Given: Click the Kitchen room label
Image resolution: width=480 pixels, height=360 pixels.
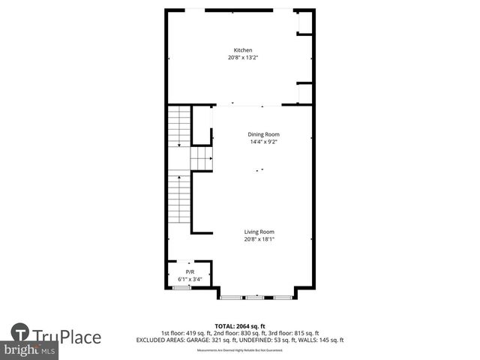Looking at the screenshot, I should [237, 50].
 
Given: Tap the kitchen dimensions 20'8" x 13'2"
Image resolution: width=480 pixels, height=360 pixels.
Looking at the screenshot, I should [237, 58].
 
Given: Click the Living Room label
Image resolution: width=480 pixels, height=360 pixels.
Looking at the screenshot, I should [259, 232].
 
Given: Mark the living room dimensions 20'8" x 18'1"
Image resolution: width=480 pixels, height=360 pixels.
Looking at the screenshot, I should [259, 239].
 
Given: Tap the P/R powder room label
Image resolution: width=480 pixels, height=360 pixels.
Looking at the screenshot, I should [190, 272].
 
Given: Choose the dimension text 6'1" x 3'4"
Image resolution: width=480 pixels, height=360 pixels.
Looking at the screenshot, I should [190, 279].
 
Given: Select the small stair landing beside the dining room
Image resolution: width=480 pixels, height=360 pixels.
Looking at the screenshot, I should [201, 159].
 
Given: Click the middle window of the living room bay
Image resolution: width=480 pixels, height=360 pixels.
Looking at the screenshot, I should [256, 298].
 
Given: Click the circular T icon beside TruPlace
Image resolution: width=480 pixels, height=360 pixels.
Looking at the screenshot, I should [20, 334].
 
